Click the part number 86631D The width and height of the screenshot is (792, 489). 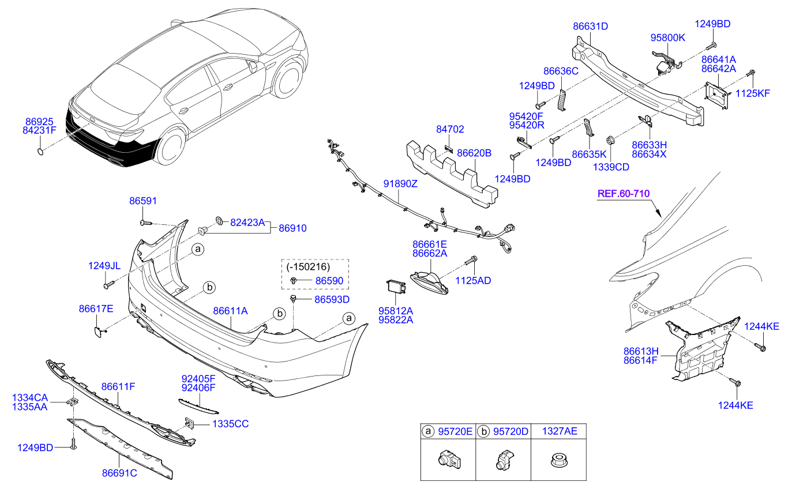(590, 26)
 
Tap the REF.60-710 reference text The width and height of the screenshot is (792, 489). (624, 193)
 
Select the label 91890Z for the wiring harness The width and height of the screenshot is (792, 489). (400, 183)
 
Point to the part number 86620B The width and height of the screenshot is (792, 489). (474, 153)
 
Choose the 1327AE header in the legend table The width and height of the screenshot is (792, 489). (560, 431)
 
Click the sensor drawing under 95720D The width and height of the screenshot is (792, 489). (505, 460)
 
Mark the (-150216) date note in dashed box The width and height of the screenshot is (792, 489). (308, 266)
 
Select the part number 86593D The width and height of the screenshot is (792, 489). (332, 299)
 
